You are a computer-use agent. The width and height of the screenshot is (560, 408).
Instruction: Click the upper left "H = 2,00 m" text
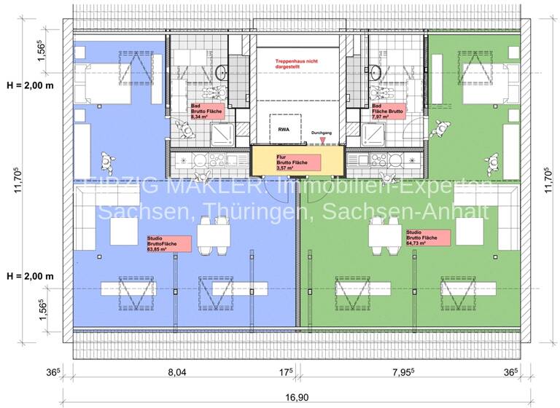(31, 85)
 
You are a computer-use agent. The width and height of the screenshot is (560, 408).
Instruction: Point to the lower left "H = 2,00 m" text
(31, 277)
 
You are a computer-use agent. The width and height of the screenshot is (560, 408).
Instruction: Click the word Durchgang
(322, 133)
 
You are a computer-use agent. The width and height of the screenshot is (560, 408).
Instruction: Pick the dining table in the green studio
(381, 235)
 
